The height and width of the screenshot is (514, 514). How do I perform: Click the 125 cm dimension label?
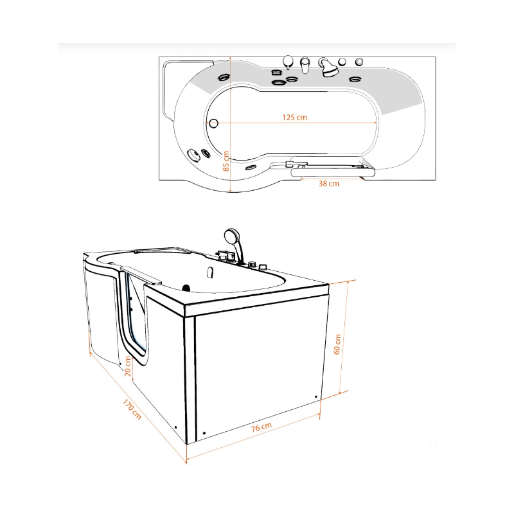294,118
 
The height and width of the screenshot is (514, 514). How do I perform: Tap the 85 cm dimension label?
226,161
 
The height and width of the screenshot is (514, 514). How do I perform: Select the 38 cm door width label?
329,184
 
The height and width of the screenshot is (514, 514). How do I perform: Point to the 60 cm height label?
337,344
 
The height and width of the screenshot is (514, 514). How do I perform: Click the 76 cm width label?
261,427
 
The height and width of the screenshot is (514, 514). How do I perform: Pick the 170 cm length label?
132,409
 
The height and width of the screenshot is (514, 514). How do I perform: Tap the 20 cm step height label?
127,366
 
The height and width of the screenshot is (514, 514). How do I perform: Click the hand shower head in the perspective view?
232,235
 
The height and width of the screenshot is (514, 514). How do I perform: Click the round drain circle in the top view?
213,123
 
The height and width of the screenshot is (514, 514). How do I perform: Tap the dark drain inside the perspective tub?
186,288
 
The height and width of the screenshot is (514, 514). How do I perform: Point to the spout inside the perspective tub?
211,272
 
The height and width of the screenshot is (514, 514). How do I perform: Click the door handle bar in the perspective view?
141,275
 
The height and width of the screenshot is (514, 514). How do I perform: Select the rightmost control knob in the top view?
359,62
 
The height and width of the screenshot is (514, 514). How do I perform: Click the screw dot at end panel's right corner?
316,397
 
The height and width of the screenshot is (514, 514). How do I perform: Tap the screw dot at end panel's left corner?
204,433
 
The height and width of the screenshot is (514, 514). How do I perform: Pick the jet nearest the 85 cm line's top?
224,78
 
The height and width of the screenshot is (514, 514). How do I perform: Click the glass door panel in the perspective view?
135,315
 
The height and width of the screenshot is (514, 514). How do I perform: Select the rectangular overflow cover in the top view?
277,73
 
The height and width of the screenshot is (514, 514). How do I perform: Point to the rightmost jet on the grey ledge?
355,79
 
